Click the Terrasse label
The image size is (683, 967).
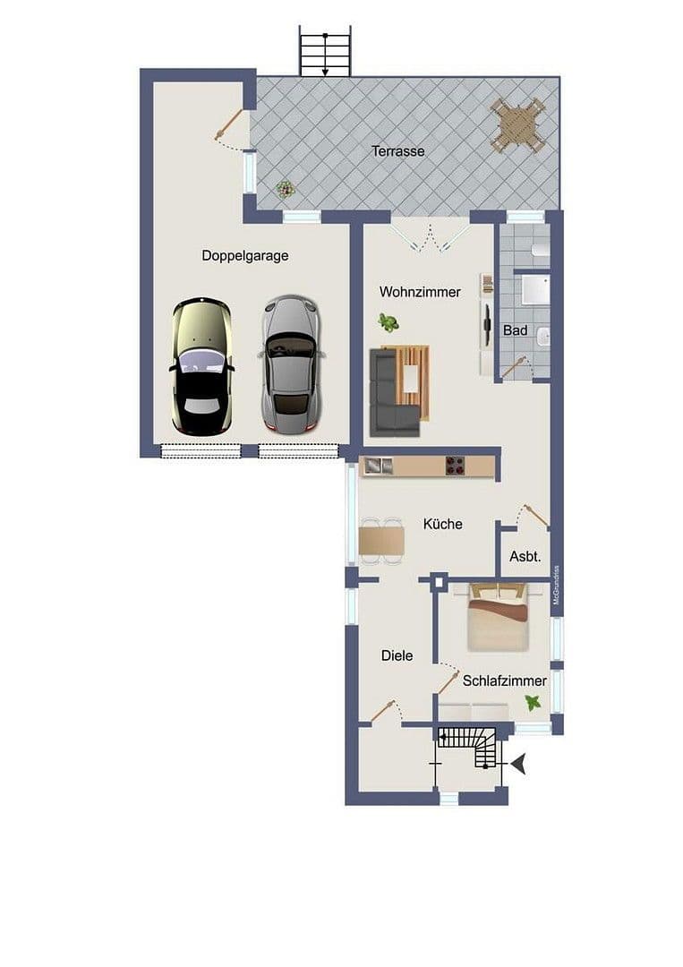click(398, 151)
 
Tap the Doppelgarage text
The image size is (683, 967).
click(244, 255)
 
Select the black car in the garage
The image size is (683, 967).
click(201, 367)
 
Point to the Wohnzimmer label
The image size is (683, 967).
click(420, 292)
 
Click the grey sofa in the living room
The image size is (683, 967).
click(390, 395)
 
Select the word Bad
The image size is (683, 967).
click(515, 330)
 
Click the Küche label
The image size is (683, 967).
click(442, 524)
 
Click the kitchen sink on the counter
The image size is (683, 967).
click(374, 465)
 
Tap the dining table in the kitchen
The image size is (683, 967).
click(380, 541)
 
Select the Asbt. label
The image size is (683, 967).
click(525, 556)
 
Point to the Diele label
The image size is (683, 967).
click(397, 655)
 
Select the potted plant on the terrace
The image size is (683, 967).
click(286, 189)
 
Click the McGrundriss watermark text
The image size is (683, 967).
click(556, 586)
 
